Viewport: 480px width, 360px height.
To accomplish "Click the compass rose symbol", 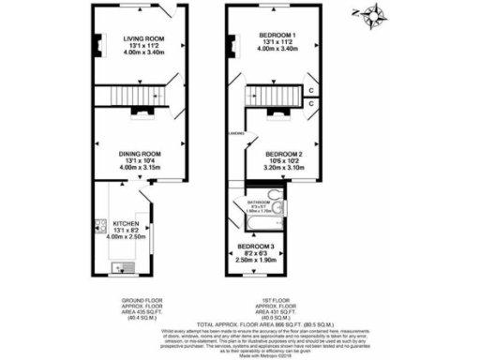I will click(378, 15).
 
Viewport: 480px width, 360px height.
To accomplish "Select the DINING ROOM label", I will click(141, 153).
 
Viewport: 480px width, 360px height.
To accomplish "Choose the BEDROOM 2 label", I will click(283, 154).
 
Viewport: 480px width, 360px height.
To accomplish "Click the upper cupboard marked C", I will click(311, 90).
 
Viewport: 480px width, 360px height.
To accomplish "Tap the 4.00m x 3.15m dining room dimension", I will click(141, 169).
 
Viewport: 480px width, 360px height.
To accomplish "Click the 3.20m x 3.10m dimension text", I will click(283, 170).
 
